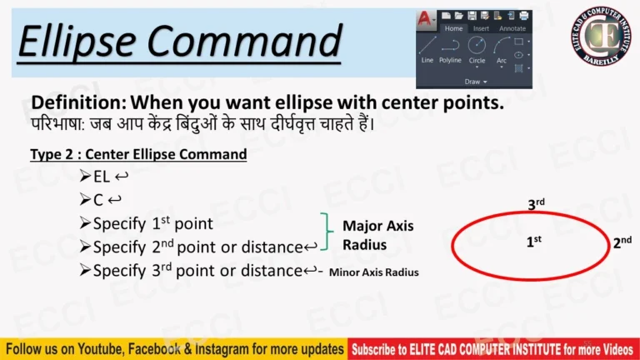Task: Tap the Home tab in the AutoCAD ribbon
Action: coord(453,28)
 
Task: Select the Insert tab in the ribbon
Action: coord(481,28)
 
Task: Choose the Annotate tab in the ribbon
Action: coord(512,28)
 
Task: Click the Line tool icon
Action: coord(427,47)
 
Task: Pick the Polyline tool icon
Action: coord(450,47)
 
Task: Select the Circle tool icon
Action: coord(477,46)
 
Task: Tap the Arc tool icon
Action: coord(502,47)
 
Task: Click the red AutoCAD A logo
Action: coord(426,17)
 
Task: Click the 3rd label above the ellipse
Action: coord(536,203)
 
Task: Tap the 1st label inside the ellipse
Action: coord(533,241)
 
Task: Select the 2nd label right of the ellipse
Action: coord(622,242)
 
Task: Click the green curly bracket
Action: coord(327,234)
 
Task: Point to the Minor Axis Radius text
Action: coord(374,272)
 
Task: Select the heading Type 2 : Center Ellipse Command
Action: coord(138,154)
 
